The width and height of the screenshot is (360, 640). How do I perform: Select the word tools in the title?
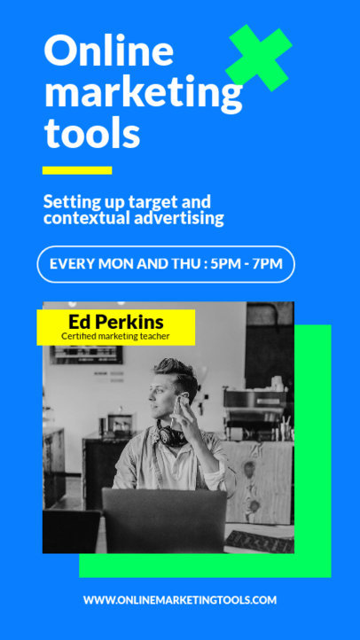92,134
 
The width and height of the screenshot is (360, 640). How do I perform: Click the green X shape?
259,58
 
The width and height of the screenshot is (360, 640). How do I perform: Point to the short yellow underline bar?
77,169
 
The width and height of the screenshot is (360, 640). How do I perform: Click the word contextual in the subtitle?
90,218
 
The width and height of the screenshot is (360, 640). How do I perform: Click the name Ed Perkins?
115,322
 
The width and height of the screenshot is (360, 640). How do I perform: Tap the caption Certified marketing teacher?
115,337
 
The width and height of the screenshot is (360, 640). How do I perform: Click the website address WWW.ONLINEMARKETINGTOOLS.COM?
180,600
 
